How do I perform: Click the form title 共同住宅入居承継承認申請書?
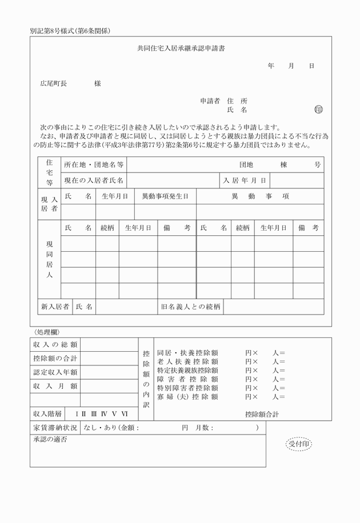click(181, 49)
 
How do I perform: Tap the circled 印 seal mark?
click(318, 110)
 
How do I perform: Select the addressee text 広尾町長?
click(53, 83)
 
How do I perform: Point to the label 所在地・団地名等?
click(94, 164)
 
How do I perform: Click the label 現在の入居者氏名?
click(94, 180)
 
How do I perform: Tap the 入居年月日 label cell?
click(245, 180)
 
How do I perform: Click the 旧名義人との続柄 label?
click(191, 307)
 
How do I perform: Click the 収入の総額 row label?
click(55, 345)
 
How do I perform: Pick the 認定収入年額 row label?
click(55, 372)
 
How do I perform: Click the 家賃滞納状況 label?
click(55, 428)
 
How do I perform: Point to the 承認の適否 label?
click(49, 439)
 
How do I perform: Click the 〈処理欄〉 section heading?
click(47, 332)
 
